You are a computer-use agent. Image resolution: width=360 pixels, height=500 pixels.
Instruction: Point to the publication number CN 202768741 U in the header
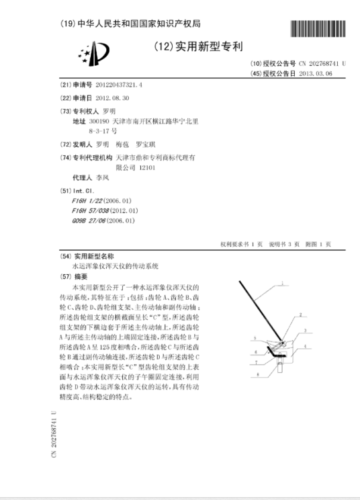point(316,63)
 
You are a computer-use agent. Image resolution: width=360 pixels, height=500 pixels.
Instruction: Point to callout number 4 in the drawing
point(306,346)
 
